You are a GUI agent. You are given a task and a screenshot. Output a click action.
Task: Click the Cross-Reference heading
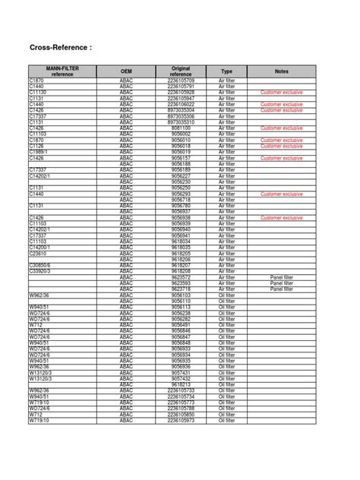(60, 48)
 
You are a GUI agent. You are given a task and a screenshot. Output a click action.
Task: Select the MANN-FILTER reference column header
(62, 71)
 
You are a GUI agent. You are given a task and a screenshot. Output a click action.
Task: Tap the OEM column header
(126, 71)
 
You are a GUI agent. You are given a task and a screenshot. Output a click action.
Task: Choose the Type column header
(226, 71)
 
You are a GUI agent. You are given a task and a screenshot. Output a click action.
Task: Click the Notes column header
(281, 71)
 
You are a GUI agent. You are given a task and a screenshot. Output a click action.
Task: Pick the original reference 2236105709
(181, 80)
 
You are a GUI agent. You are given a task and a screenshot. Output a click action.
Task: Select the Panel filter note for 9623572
(281, 277)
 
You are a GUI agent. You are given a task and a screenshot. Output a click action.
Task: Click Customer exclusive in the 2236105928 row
(281, 91)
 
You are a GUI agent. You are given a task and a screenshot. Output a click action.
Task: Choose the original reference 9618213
(181, 384)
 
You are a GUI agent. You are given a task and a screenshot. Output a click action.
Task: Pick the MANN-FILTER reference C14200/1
(40, 248)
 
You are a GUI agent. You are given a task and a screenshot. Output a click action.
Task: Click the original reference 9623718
(181, 289)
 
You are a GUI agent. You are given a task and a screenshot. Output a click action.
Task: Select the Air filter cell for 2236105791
(226, 86)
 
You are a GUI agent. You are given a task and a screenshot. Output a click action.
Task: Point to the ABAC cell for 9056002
(126, 134)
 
